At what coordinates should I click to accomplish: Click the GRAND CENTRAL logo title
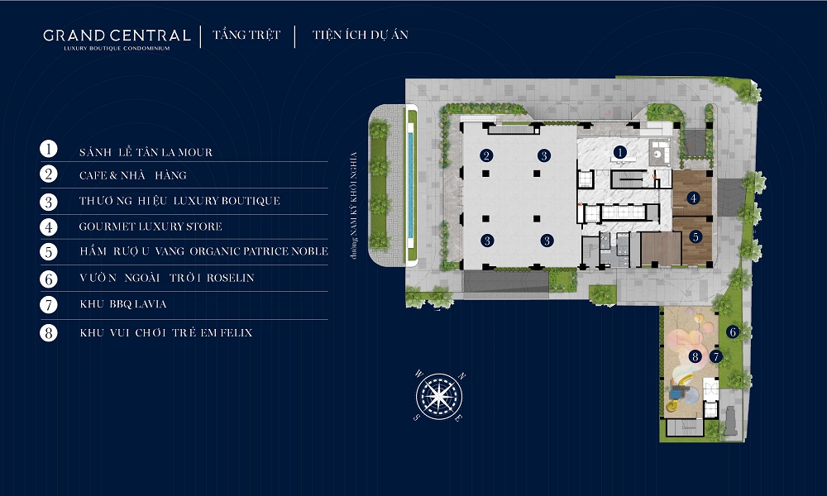coord(117,36)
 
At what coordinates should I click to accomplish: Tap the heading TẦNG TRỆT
coord(246,35)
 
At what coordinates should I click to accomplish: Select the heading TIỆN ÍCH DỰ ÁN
coord(361,35)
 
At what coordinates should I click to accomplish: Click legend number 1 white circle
coord(49,149)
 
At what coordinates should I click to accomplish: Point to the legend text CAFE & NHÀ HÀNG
coord(133,175)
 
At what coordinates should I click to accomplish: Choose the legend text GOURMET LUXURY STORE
coord(151,227)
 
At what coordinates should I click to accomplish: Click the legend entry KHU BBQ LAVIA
coord(123,304)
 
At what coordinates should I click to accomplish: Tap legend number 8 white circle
coord(49,332)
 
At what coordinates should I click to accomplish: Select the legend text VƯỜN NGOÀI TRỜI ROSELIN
coord(167,278)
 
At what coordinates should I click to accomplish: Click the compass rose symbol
coord(439,396)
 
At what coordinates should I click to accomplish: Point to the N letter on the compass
coord(462,376)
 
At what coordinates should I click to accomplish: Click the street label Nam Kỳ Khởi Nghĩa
coord(354,206)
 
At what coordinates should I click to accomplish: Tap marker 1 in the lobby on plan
coord(619,152)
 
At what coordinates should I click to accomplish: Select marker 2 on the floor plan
coord(486,155)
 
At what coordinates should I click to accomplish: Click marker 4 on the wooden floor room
coord(693,198)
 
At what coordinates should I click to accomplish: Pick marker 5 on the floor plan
coord(696,237)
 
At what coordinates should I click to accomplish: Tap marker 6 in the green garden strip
coord(732,332)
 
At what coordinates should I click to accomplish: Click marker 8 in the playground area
coord(695,357)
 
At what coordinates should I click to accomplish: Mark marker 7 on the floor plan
coord(715,357)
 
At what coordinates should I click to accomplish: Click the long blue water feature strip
coord(410,185)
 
